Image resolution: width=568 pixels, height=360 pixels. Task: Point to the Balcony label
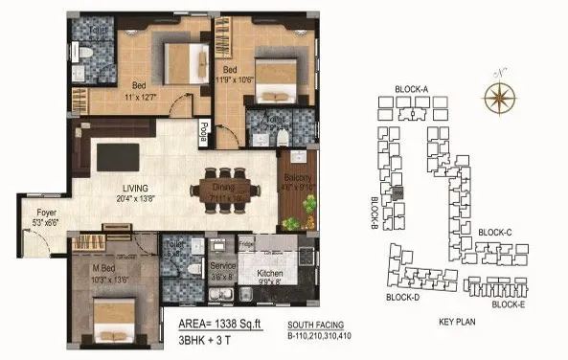click(293, 180)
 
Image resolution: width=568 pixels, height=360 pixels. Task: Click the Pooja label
click(204, 132)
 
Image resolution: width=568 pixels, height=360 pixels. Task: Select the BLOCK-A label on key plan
click(411, 90)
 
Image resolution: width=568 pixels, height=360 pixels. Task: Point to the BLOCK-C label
click(495, 232)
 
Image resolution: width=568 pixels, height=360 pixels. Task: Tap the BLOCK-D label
click(404, 296)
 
